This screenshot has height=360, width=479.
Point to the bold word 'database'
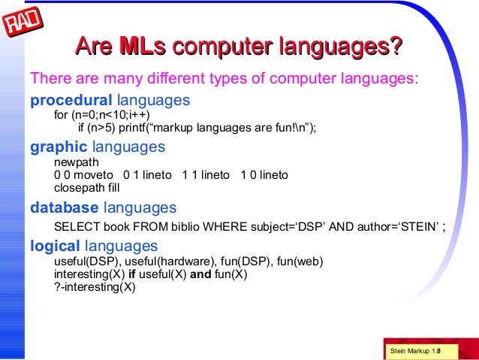[64, 207]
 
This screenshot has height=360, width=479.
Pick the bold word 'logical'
[55, 246]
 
